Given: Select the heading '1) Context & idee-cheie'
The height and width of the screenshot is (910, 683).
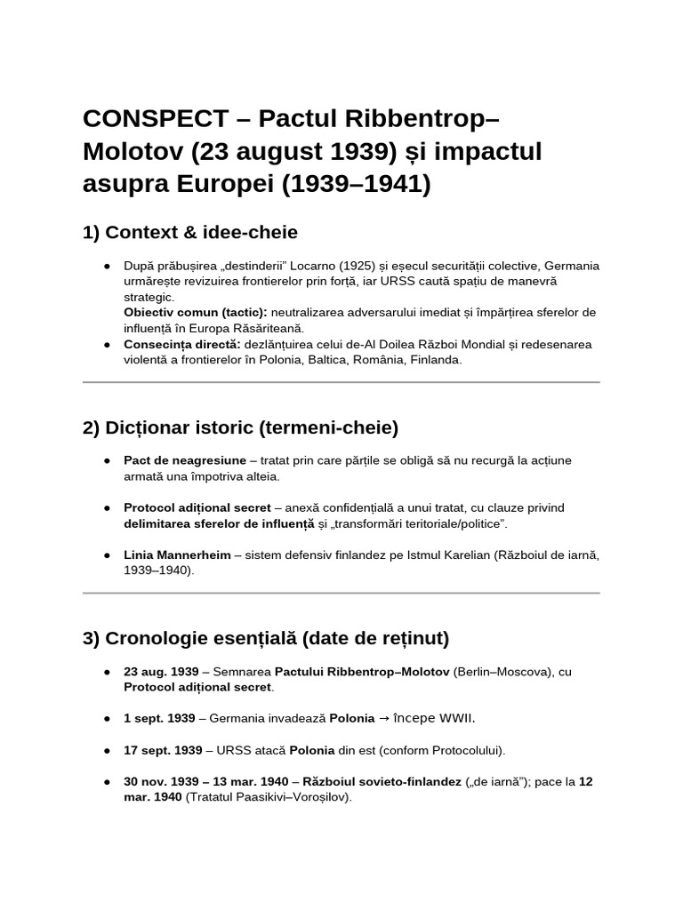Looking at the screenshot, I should pyautogui.click(x=189, y=233).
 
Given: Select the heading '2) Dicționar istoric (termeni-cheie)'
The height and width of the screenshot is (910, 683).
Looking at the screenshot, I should pyautogui.click(x=240, y=427).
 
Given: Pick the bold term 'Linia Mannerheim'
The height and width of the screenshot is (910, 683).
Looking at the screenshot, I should pyautogui.click(x=175, y=555).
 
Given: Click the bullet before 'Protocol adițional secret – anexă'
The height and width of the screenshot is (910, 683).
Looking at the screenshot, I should pyautogui.click(x=107, y=507).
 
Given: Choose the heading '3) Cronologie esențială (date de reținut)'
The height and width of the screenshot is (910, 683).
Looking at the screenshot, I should pyautogui.click(x=266, y=638).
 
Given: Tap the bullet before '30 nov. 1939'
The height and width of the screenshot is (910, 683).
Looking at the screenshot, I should pyautogui.click(x=107, y=782).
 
